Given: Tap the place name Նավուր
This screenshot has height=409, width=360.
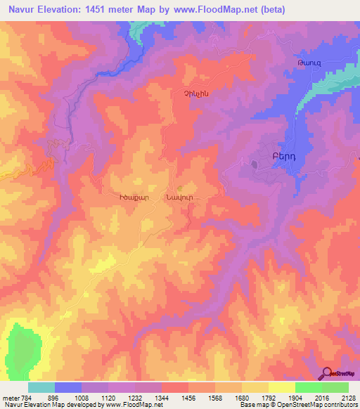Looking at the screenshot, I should point(180,198).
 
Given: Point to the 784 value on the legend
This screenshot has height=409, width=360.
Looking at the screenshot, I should point(22,396).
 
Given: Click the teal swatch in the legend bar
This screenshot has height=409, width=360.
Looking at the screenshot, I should point(41,387).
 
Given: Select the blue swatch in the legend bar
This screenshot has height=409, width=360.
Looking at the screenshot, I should point(68,387).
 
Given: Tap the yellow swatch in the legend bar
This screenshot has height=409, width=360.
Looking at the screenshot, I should point(281,387).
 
